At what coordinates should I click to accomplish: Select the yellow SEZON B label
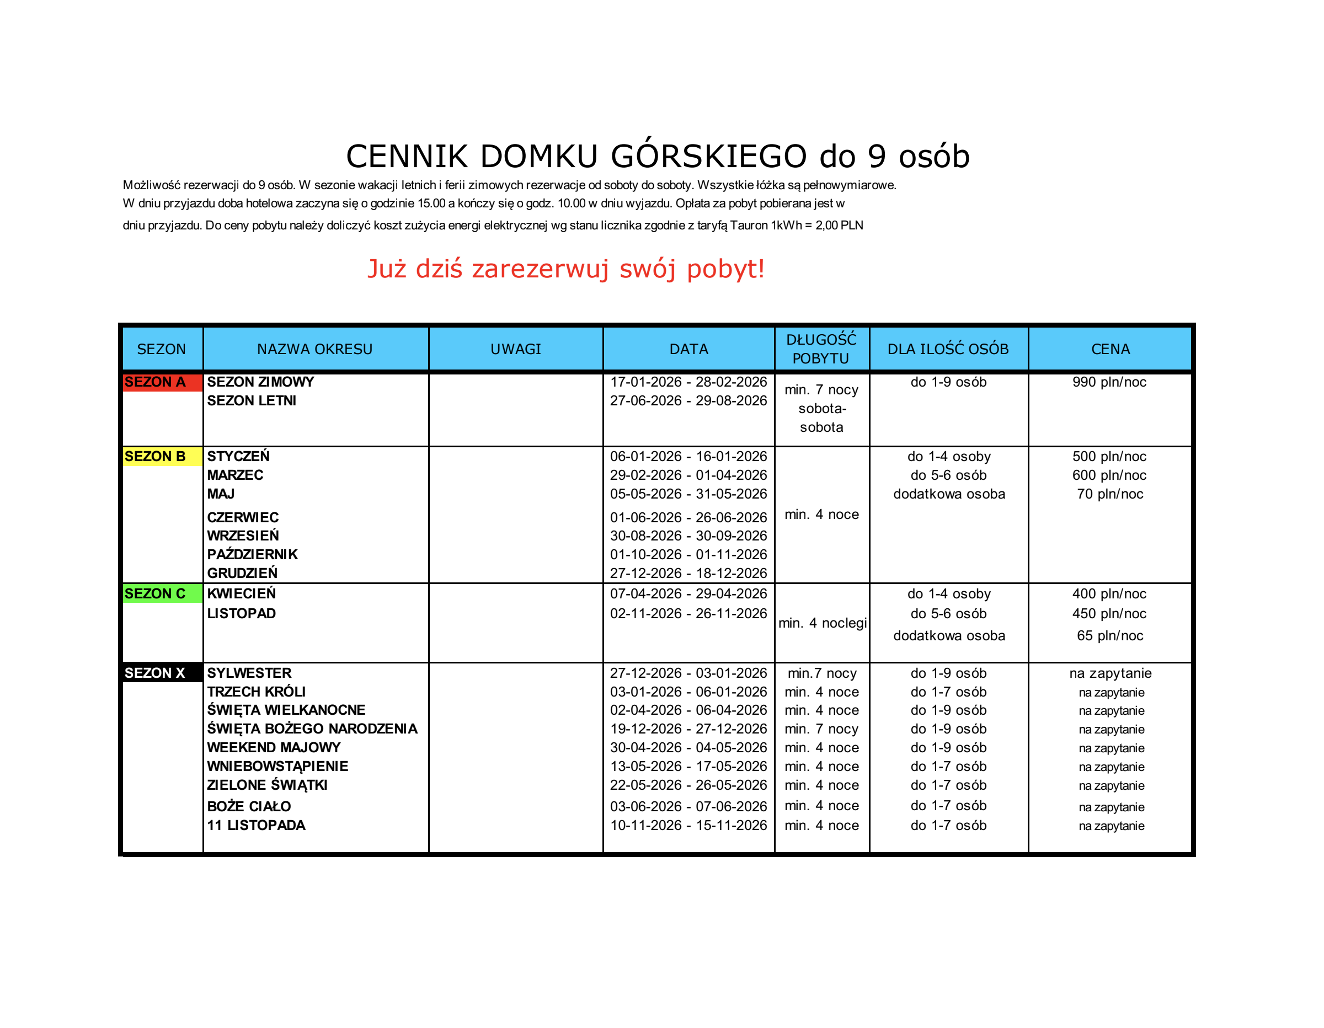tap(155, 457)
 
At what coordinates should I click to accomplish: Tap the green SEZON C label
tap(155, 594)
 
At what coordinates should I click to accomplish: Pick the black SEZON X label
tap(155, 673)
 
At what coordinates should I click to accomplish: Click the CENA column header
tap(1111, 349)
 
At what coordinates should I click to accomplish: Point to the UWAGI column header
tap(516, 349)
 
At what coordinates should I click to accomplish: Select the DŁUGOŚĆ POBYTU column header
tap(821, 349)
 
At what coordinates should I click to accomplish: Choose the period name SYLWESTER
tap(249, 673)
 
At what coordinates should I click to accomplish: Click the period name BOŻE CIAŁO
tap(249, 807)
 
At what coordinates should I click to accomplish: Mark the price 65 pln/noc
tap(1110, 636)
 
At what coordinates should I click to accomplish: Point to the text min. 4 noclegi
tap(823, 623)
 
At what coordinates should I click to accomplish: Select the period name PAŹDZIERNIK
tap(252, 555)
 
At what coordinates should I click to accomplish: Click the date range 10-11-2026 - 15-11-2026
tap(688, 826)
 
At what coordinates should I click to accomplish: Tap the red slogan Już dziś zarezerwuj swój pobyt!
tap(566, 269)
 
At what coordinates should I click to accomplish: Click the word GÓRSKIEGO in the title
tap(708, 157)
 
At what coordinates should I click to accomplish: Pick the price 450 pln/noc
tap(1109, 614)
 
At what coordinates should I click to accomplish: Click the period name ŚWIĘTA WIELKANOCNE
tap(286, 710)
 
